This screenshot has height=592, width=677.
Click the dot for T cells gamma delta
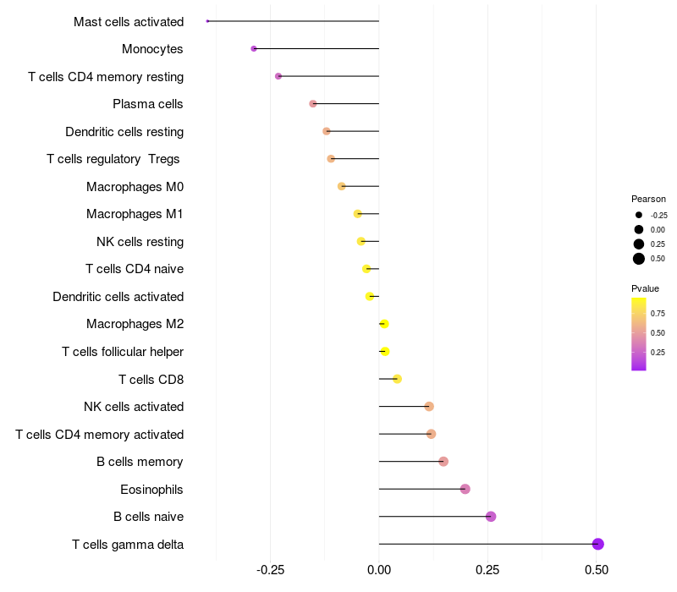pos(597,544)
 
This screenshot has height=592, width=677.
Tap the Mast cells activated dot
pos(207,21)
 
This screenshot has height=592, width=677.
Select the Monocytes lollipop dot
pos(254,49)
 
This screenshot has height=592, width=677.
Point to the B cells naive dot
pos(491,517)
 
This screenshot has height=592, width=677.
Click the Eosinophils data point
pos(465,489)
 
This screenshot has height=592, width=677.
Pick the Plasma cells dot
pos(313,104)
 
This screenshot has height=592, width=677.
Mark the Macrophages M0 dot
pos(342,186)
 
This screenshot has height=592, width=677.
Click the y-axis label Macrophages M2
pos(135,324)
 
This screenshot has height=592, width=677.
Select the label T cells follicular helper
pos(123,352)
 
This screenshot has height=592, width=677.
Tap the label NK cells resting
pos(140,242)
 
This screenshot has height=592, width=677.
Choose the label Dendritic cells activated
pos(118,297)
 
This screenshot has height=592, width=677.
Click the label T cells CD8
pos(151,379)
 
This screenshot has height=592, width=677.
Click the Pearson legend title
pos(648,199)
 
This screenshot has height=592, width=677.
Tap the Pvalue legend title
pos(645,288)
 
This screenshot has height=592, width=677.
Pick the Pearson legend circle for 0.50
pos(639,259)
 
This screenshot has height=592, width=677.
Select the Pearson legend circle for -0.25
pos(639,215)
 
